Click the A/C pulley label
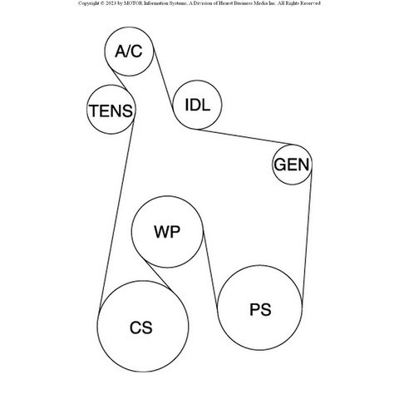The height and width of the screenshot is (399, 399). [x=129, y=52]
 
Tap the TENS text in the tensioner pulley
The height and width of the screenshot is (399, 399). [x=111, y=111]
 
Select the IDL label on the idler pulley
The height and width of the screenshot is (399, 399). [x=197, y=105]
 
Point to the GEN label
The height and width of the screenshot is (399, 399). [x=292, y=165]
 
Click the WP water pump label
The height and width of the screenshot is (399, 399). [x=167, y=232]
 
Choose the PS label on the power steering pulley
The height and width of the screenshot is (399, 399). [x=260, y=309]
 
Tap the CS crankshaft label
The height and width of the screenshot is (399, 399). [x=141, y=328]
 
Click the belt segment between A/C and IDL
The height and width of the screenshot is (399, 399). [x=164, y=81]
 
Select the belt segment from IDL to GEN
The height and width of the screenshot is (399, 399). [x=245, y=136]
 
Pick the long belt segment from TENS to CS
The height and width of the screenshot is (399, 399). [x=116, y=214]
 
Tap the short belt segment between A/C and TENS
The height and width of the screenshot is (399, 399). [x=119, y=81]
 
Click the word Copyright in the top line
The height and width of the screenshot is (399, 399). [x=88, y=3]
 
